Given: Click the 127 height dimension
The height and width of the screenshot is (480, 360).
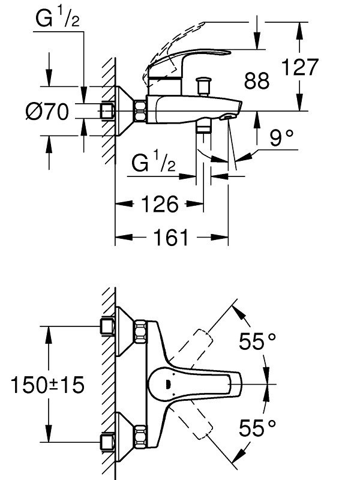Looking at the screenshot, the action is click(x=300, y=67).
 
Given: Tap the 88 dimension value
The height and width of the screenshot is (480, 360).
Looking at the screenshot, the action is click(x=257, y=81).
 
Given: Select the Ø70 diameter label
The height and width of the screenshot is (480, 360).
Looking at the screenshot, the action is click(x=47, y=112).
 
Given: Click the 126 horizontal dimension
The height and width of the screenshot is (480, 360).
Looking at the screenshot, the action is click(x=160, y=204).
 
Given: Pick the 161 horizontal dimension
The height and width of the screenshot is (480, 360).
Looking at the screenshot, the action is click(x=171, y=238).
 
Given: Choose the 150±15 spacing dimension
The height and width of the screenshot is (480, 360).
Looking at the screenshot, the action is click(x=47, y=385).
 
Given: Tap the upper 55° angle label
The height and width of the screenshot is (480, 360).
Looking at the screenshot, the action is click(x=257, y=341).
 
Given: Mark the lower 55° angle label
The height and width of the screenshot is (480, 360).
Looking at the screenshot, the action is click(x=257, y=428).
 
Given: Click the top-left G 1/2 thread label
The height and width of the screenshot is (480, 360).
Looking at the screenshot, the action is click(x=58, y=19).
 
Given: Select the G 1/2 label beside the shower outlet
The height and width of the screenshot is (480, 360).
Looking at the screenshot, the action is click(x=154, y=163).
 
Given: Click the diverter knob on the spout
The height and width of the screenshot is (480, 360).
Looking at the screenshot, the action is click(x=203, y=86).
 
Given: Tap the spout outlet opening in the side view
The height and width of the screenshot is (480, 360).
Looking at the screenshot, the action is click(x=228, y=117).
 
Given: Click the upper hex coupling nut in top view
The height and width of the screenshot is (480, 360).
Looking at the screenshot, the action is click(x=140, y=332).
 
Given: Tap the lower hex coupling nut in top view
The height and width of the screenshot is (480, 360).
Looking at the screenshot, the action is click(x=140, y=437).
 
